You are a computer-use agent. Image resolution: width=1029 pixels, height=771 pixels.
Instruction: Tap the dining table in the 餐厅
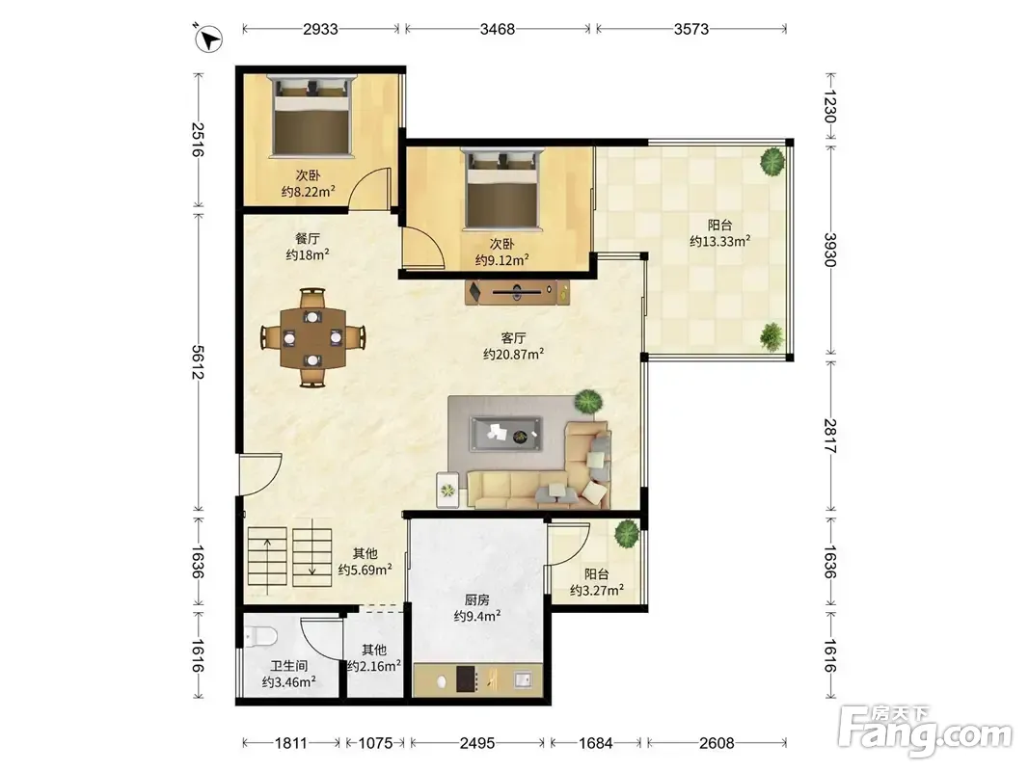[x=313, y=337]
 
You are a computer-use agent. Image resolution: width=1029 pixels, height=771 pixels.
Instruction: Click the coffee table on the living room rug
[x=505, y=434]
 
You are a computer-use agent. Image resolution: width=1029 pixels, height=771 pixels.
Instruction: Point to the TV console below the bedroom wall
[x=518, y=292]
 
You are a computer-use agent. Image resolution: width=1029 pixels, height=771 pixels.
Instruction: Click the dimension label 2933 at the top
[x=320, y=29]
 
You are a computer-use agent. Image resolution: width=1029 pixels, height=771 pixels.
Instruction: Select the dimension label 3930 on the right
[x=830, y=250]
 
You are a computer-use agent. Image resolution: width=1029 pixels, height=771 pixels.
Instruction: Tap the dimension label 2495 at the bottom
[x=477, y=743]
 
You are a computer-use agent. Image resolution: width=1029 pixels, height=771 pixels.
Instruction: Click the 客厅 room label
[x=513, y=338]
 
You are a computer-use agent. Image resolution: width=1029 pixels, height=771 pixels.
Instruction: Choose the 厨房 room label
[x=477, y=599]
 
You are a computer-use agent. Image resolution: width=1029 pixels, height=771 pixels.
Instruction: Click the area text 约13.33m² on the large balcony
[x=719, y=241]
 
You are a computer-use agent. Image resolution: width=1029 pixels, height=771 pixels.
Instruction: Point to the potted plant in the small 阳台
[x=627, y=533]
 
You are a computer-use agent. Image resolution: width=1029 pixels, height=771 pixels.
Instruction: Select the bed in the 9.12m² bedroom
[x=503, y=189]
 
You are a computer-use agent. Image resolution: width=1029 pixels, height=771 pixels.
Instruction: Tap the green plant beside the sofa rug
[x=588, y=401]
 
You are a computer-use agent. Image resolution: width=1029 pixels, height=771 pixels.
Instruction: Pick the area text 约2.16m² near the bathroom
[x=374, y=666]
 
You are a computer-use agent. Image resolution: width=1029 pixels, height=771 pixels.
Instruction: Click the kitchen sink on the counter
[x=523, y=679]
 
